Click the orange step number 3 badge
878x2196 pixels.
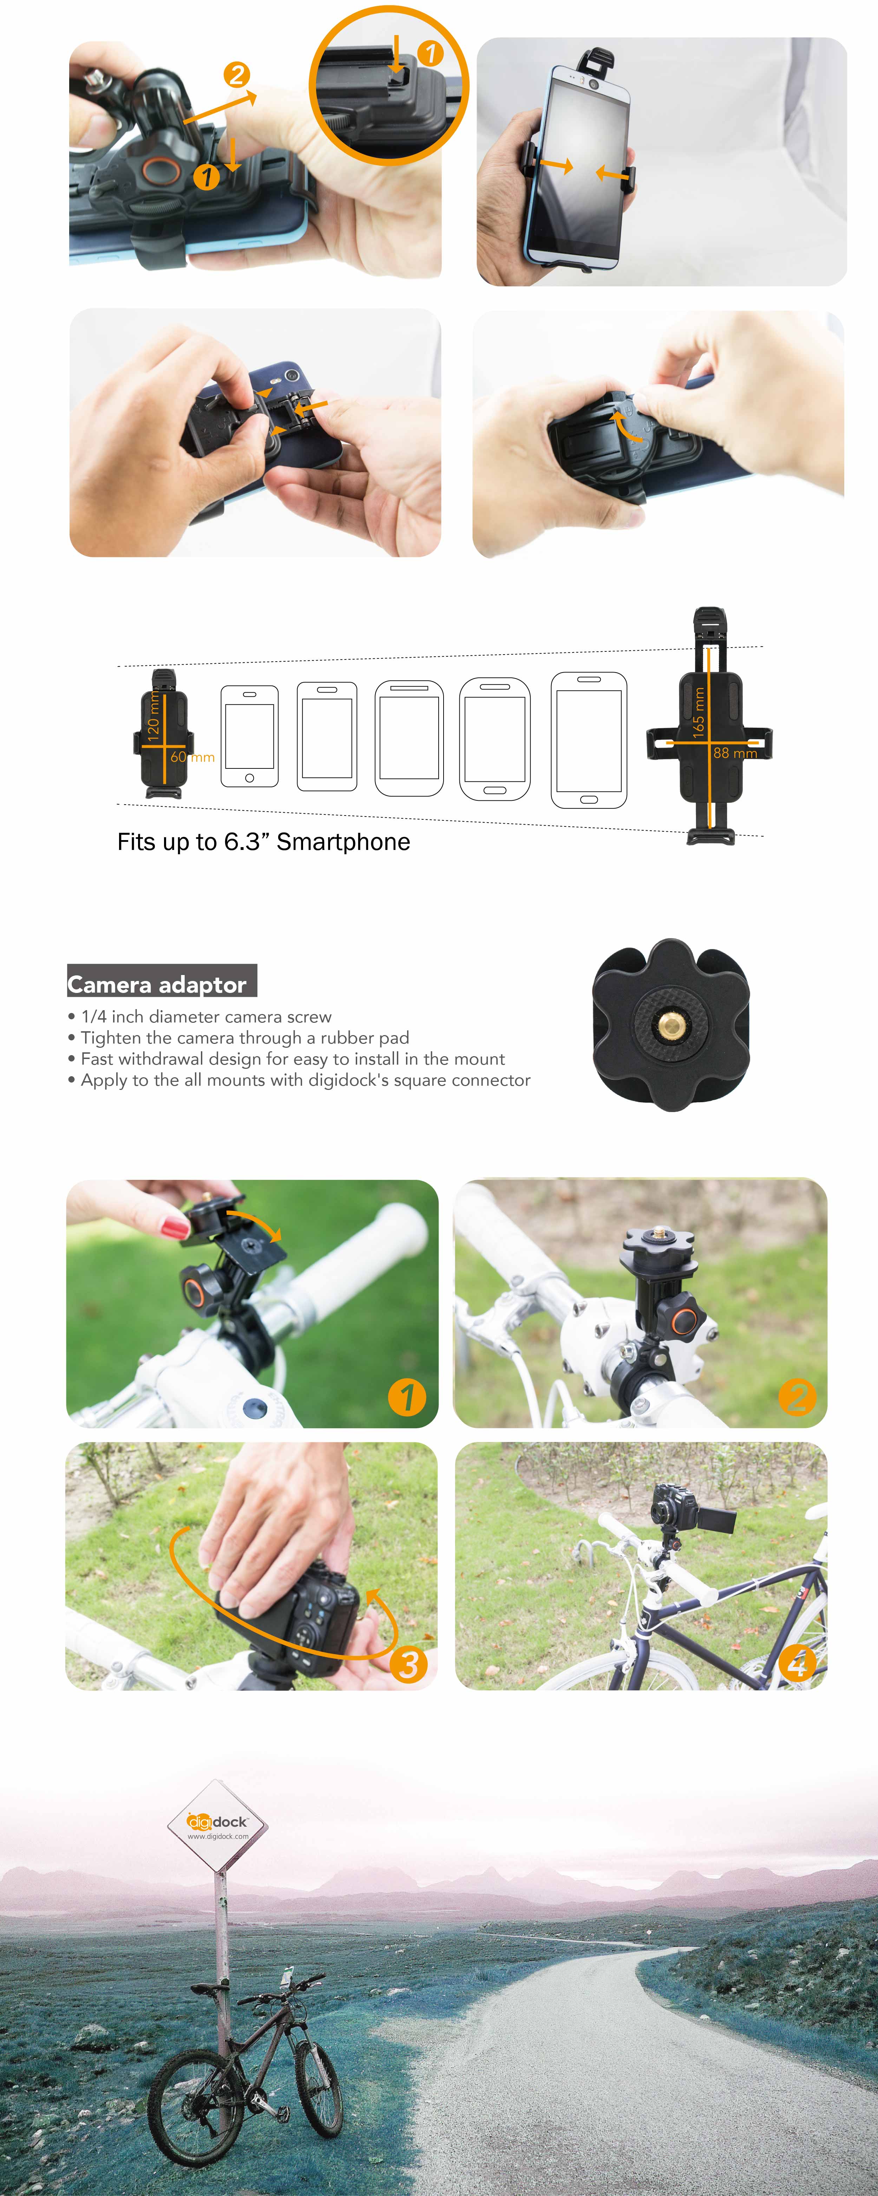coord(408,1663)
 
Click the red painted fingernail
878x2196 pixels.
coord(175,1228)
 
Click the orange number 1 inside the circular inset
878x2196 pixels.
coord(431,54)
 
